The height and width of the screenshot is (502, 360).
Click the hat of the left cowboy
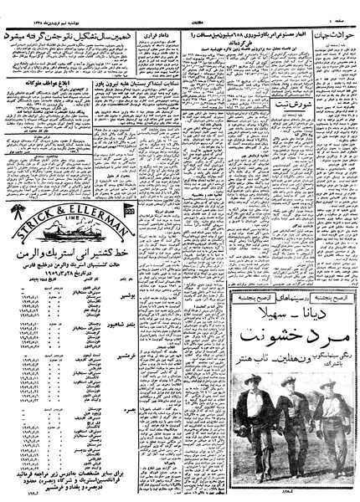coord(249,377)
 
